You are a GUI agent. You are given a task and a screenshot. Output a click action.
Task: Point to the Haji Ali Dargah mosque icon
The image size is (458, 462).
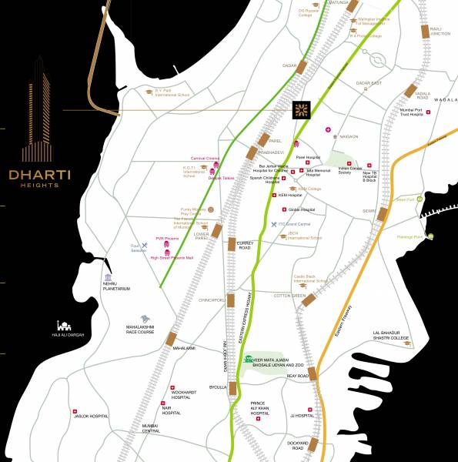click(65, 326)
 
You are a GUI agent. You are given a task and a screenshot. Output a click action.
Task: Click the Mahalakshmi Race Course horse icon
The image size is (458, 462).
click(145, 318)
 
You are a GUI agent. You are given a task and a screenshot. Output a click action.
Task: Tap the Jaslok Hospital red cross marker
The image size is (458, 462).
click(74, 411)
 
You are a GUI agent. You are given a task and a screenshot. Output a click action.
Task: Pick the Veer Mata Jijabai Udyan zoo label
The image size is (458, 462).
click(276, 361)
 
